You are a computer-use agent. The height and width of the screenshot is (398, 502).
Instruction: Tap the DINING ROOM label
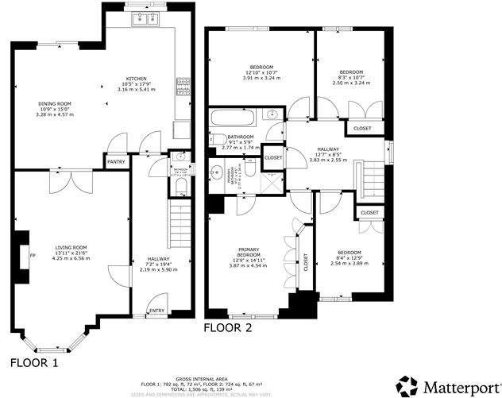55,104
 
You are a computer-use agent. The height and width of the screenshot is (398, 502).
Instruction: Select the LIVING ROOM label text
71,247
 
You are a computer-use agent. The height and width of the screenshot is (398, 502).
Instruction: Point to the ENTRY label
156,311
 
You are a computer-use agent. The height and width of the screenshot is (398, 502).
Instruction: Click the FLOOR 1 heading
34,363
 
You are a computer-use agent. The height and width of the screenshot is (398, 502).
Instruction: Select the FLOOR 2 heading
228,327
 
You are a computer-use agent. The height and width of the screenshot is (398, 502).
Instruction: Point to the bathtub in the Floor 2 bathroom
232,120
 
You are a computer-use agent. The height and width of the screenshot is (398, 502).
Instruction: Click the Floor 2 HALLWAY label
328,149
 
